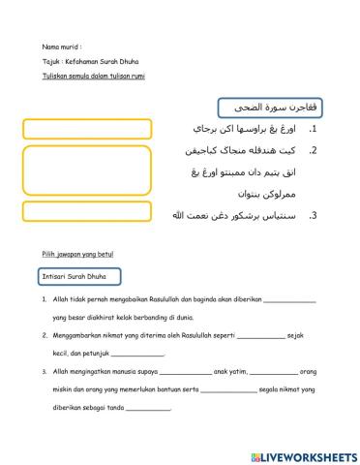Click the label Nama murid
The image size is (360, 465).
click(x=60, y=46)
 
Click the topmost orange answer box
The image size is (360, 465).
click(x=84, y=129)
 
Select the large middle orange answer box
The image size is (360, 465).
click(x=84, y=170)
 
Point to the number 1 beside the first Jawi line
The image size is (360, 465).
click(x=314, y=129)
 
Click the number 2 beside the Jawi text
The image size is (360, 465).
click(x=314, y=150)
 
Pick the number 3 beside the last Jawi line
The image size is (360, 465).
click(x=314, y=215)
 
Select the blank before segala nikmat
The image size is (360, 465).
click(x=228, y=389)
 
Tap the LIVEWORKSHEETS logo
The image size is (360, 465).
click(x=303, y=455)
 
